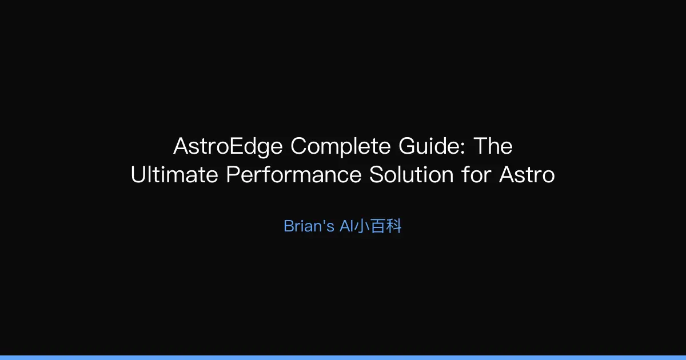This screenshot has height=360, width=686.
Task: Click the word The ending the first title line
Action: [x=494, y=147]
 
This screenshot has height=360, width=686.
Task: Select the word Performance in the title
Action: [x=294, y=175]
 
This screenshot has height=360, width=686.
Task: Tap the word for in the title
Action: [x=477, y=175]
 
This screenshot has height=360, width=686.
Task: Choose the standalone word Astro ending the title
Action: [x=527, y=175]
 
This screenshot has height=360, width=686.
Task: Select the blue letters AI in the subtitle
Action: [x=346, y=226]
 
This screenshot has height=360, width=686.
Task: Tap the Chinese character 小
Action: [x=362, y=226]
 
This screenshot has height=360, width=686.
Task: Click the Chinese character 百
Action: [x=378, y=226]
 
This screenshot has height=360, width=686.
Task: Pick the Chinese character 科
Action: [x=394, y=226]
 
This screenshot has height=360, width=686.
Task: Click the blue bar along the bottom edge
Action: [x=343, y=357]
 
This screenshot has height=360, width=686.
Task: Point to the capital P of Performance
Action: [x=232, y=175]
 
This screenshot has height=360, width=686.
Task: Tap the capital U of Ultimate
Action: [x=138, y=175]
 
